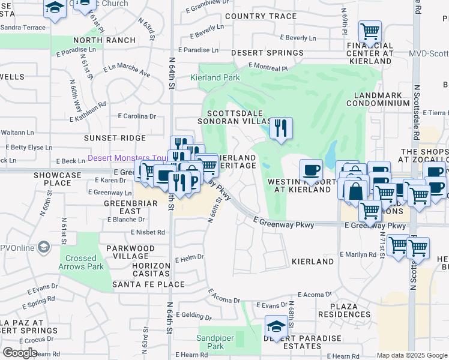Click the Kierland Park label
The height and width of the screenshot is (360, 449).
click(x=215, y=77)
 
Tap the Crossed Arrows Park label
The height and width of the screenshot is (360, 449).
click(x=81, y=262)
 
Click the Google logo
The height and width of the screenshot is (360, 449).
click(x=20, y=353)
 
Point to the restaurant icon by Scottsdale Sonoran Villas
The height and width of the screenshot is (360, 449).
click(x=280, y=128)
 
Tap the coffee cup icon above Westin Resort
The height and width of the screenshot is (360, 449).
click(x=310, y=170)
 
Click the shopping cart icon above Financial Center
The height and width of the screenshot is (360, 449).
click(x=370, y=31)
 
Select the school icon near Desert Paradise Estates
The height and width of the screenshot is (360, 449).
click(x=276, y=327)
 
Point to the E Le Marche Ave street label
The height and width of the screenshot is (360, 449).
click(x=127, y=70)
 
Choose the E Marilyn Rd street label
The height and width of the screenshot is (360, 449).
click(x=358, y=254)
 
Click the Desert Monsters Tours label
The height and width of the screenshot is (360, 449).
click(x=127, y=158)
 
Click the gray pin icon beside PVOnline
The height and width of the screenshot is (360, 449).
click(x=43, y=247)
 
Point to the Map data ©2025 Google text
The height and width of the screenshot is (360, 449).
click(x=412, y=355)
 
